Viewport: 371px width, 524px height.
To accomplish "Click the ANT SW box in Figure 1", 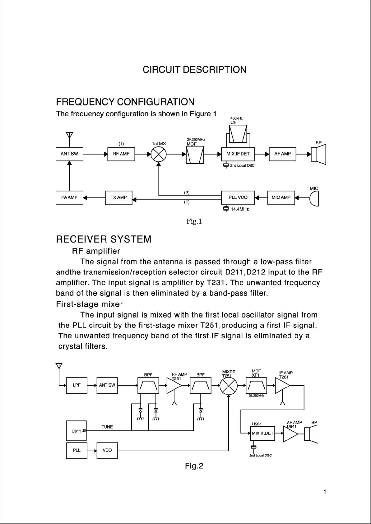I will coord(69,154).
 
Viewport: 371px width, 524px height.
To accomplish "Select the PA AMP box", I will coord(69,198).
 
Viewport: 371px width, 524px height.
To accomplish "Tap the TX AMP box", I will coord(118,198).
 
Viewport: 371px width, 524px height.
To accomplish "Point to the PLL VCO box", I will coord(238,197).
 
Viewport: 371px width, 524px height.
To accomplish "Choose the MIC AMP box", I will coord(281,197).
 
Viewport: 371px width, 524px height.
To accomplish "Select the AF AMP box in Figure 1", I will coord(282,154).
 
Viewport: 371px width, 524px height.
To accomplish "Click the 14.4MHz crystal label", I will coord(239,209).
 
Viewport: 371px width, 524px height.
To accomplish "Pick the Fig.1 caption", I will coord(194,221).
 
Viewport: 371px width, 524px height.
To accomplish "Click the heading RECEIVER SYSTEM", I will coord(104,239).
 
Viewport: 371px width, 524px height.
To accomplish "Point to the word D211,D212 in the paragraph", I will coord(245,272).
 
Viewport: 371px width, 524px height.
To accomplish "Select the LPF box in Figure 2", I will coord(77,385).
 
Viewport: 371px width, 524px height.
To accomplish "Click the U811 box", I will coord(76,431).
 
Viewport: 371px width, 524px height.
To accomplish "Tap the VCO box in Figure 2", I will coord(107,450).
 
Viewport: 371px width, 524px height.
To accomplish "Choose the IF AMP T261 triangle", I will coord(282,386).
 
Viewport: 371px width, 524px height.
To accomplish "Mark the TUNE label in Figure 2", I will coord(107,427).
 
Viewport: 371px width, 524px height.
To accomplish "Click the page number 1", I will coord(325,492).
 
